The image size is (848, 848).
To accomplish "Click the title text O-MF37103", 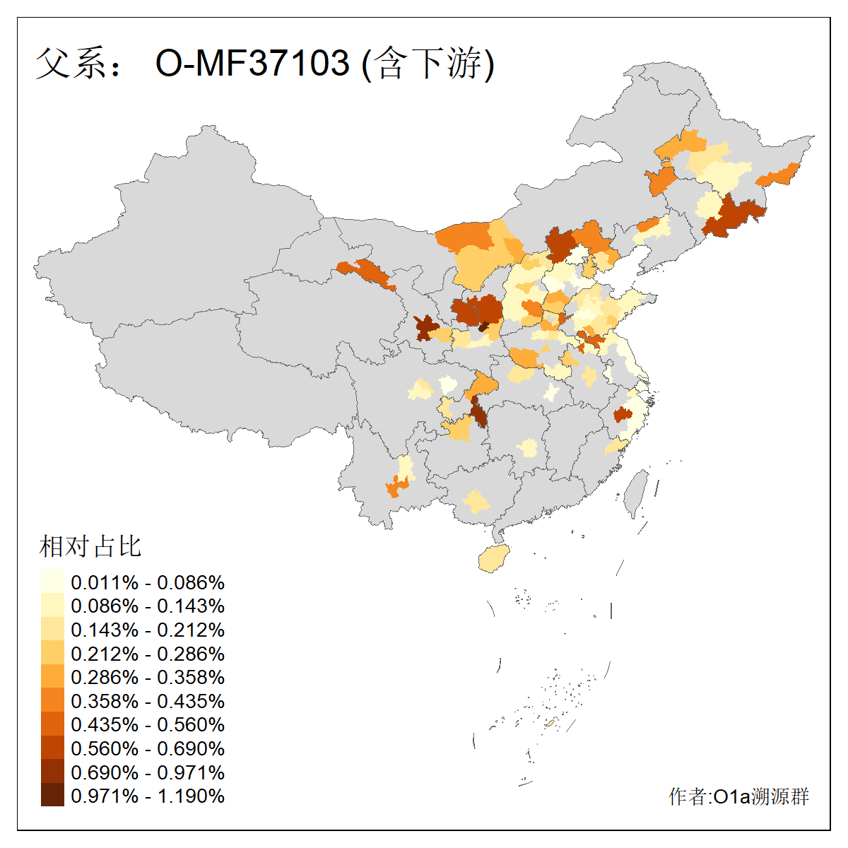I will coord(252,63).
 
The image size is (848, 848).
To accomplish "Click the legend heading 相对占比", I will coord(90,546).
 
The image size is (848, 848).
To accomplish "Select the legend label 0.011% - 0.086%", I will coord(148,582).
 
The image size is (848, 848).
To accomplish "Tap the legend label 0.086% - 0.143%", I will coord(148,606).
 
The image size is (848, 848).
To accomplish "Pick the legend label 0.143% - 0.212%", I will coord(148,630).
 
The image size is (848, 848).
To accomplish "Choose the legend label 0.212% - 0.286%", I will coord(148,654).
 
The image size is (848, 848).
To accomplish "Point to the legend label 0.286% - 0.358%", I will coord(148,677).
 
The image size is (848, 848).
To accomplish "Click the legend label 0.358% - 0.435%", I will coord(148,701).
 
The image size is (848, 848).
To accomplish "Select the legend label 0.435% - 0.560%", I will coord(148,724).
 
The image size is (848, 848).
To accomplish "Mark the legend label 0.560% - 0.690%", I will coord(148,748).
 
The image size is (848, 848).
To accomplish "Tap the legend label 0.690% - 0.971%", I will coord(148,772).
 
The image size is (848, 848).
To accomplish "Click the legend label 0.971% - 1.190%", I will coord(148,796).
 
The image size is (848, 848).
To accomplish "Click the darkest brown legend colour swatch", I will coord(52,796).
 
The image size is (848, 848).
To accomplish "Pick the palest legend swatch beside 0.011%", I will coord(52,582).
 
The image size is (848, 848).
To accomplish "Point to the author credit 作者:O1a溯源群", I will coord(738,796).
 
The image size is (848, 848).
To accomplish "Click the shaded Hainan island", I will coord(494,560).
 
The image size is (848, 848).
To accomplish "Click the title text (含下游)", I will coord(428,63).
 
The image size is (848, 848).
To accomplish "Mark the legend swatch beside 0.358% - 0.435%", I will coord(52,701).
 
